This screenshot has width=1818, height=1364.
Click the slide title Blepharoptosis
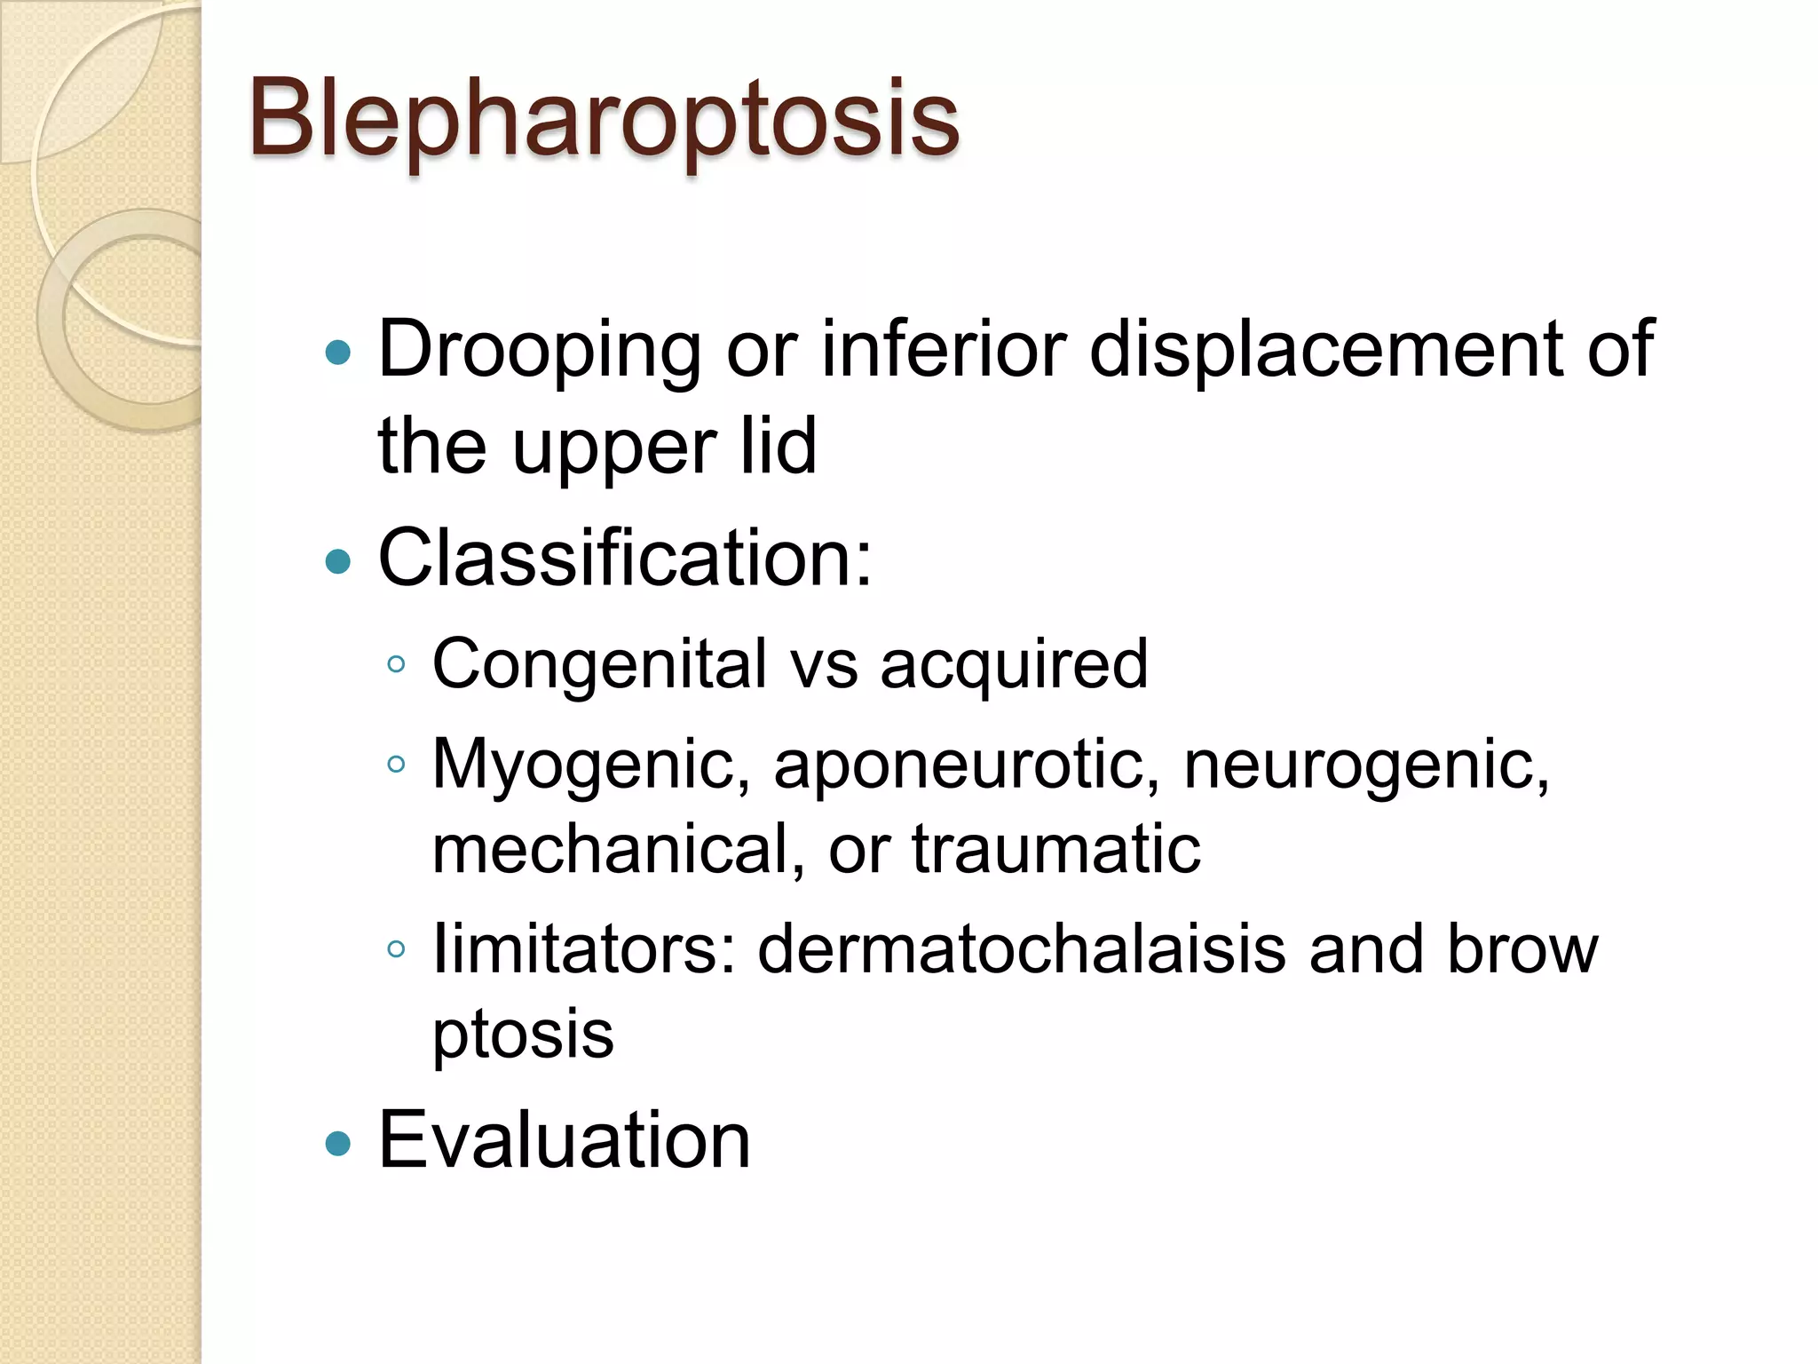pyautogui.click(x=604, y=120)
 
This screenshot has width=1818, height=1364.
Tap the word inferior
pyautogui.click(x=943, y=349)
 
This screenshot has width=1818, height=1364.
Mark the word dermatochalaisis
pyautogui.click(x=1022, y=949)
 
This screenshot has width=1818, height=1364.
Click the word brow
pyautogui.click(x=1522, y=949)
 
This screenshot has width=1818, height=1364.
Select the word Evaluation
pyautogui.click(x=565, y=1140)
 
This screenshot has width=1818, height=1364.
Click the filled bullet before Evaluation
pyautogui.click(x=338, y=1143)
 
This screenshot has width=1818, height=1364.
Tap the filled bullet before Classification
pyautogui.click(x=338, y=561)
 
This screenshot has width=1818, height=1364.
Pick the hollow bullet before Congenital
pyautogui.click(x=397, y=664)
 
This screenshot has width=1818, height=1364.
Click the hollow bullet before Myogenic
pyautogui.click(x=397, y=764)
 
